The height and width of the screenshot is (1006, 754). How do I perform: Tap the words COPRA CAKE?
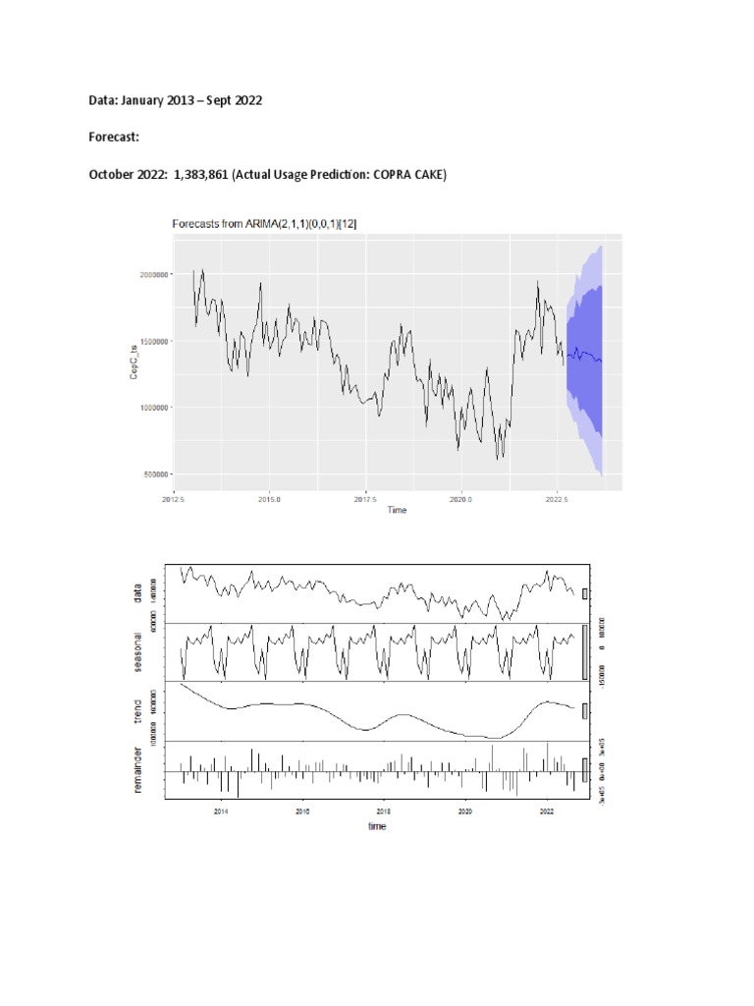click(413, 175)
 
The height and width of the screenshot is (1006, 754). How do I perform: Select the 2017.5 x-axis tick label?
click(365, 498)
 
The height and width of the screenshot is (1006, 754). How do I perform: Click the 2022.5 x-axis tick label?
click(557, 498)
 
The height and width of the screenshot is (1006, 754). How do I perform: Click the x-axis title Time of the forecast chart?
click(397, 510)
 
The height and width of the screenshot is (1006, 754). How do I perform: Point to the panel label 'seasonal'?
click(138, 652)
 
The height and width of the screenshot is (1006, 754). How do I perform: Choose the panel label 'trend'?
click(138, 710)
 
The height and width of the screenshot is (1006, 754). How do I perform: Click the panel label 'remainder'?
click(138, 770)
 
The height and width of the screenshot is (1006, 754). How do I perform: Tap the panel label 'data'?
click(138, 592)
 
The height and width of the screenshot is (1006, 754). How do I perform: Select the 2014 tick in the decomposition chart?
click(221, 811)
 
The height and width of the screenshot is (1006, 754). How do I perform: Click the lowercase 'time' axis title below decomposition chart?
click(377, 826)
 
